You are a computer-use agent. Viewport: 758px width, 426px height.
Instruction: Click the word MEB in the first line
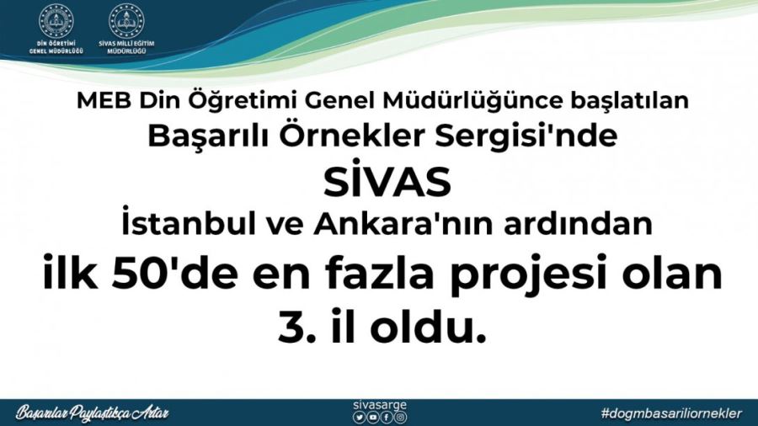pos(99,101)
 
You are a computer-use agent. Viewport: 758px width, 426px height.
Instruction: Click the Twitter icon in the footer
pos(360,417)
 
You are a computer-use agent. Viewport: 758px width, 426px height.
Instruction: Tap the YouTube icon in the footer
pos(373,417)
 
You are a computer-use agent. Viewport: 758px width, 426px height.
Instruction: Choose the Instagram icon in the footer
pos(400,417)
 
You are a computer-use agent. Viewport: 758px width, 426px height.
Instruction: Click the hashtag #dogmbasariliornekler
pos(671,413)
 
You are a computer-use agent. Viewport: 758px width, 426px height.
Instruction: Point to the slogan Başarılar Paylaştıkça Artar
pos(93,413)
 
